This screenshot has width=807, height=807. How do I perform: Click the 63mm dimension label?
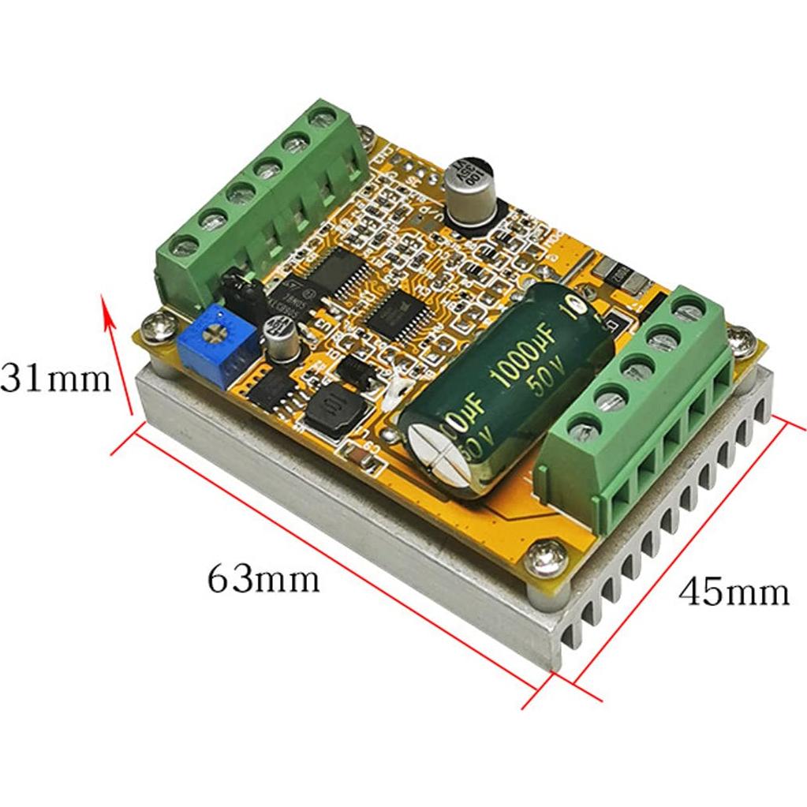point(263,580)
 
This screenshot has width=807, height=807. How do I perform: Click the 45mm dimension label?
point(734,591)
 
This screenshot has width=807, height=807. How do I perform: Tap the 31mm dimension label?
point(55,379)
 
